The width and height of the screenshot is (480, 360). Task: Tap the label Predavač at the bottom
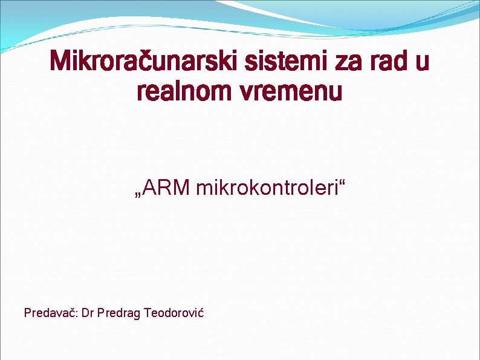click(x=48, y=313)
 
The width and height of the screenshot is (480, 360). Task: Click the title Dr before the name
click(x=88, y=313)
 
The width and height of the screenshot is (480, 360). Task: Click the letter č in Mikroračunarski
click(x=151, y=62)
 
